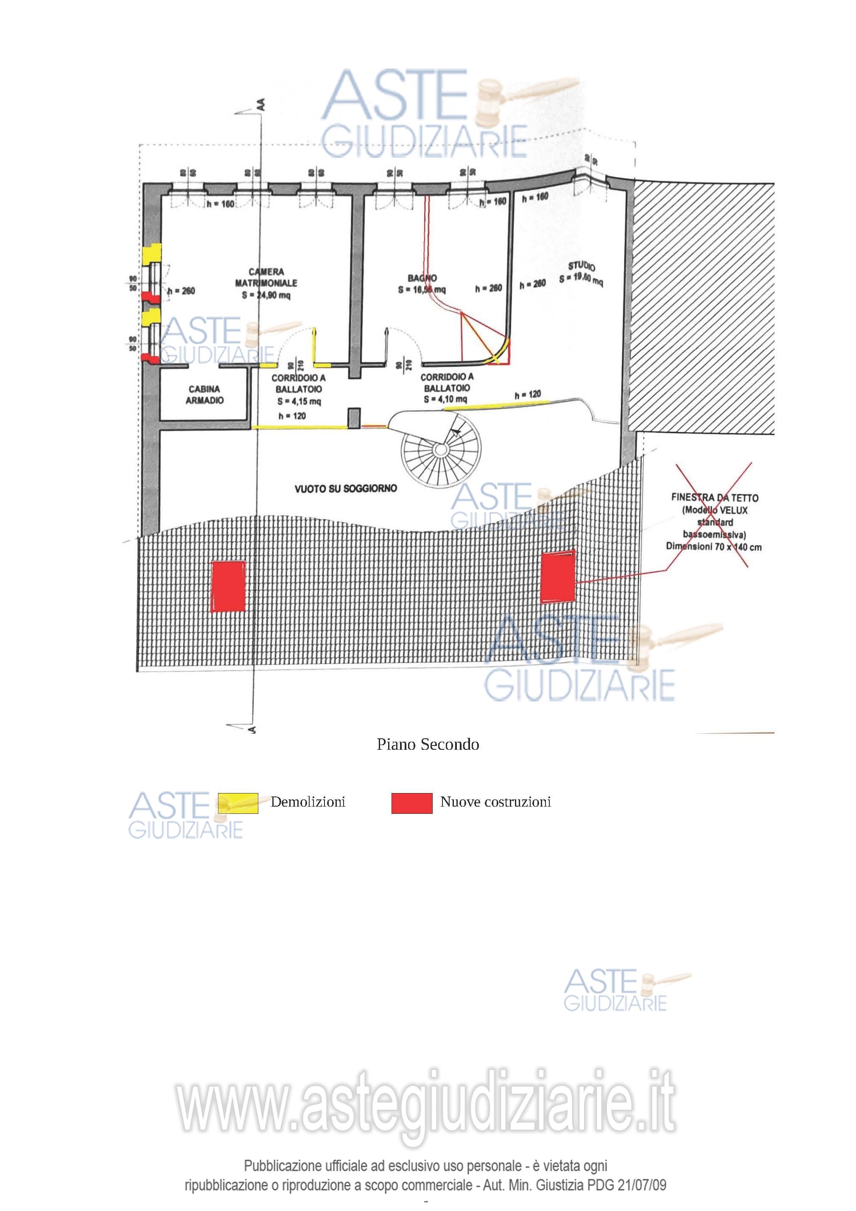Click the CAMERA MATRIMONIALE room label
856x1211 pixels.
pos(266,278)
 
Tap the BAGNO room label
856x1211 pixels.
pos(422,278)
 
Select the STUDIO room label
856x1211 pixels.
pos(581,266)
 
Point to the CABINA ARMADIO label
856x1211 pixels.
pos(204,395)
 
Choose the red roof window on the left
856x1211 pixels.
pos(228,586)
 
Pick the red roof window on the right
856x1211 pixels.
pos(558,577)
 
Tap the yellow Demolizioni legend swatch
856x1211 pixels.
pos(238,803)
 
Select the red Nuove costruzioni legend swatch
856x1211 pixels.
pos(411,803)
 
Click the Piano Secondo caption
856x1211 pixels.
pos(428,744)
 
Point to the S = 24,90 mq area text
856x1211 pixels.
pos(266,295)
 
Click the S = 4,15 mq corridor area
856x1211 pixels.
pos(299,401)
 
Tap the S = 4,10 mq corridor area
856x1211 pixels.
pos(445,399)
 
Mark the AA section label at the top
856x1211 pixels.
pos(260,104)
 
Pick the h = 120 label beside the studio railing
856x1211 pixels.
pos(527,395)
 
